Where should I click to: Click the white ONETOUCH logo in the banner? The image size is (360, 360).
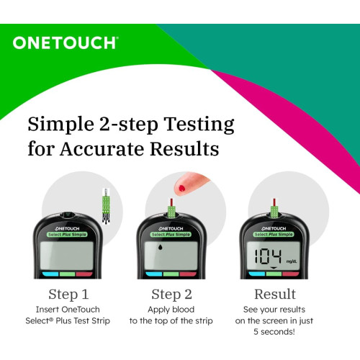(x=66, y=43)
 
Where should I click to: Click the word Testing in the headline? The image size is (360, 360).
(x=199, y=125)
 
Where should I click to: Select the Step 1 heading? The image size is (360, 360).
(x=68, y=294)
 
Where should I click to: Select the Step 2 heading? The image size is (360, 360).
(x=171, y=294)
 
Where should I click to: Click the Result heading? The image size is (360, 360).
(x=275, y=294)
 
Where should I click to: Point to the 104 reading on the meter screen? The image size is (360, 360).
(x=268, y=256)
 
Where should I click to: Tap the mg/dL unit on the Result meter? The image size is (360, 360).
(x=292, y=261)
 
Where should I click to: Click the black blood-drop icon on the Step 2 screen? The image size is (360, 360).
(x=159, y=247)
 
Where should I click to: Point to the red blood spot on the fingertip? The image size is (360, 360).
(x=182, y=189)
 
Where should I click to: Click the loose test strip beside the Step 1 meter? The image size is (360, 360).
(x=106, y=206)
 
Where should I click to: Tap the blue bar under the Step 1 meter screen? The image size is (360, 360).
(x=50, y=274)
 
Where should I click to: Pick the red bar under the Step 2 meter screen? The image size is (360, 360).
(x=188, y=274)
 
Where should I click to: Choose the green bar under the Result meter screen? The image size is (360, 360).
(x=274, y=274)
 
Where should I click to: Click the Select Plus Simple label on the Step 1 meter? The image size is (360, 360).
(x=67, y=235)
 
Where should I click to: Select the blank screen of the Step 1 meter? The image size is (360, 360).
(x=67, y=256)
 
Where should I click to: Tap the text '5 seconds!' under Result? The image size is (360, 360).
(x=274, y=332)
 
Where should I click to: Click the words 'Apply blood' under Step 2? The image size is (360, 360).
(x=171, y=310)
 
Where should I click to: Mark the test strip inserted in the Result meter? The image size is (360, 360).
(x=274, y=208)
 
